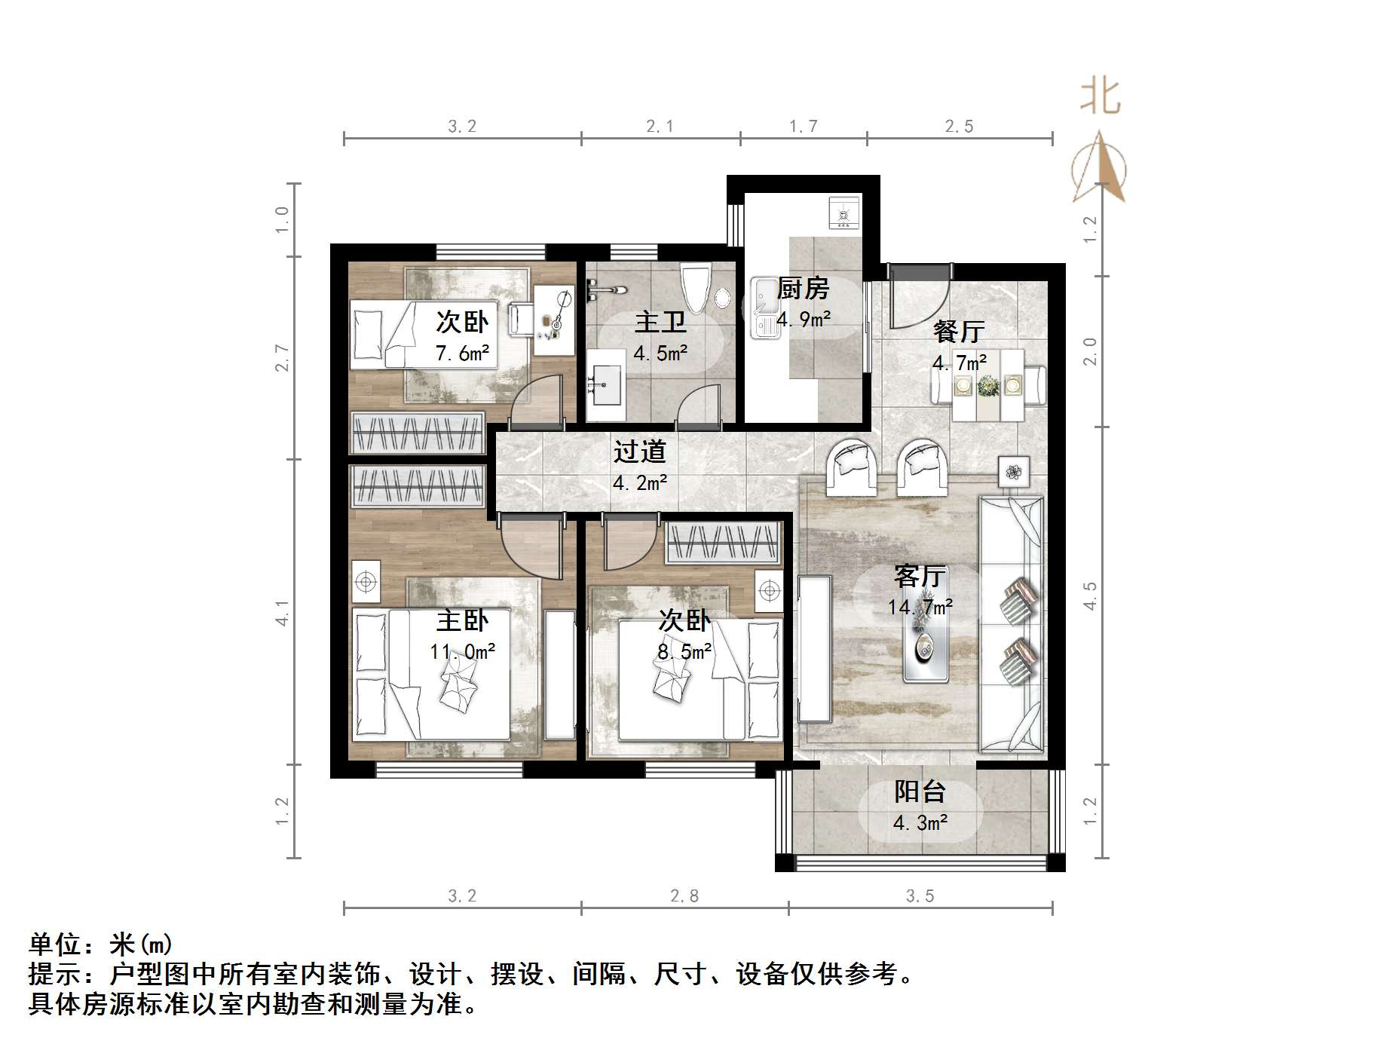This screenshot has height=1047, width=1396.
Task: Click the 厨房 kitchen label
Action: tap(803, 289)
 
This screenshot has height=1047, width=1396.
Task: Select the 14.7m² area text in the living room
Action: tap(920, 607)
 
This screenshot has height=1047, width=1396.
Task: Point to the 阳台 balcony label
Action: tap(920, 792)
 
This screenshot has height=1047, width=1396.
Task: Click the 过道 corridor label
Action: tap(639, 452)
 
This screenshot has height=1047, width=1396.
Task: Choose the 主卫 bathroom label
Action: tap(660, 323)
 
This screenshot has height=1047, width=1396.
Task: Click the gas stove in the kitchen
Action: tap(843, 213)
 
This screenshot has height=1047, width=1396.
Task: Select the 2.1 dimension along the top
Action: tap(660, 127)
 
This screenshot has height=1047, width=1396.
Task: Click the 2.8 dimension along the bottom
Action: tap(684, 896)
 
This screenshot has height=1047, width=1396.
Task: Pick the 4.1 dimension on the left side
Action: tap(283, 613)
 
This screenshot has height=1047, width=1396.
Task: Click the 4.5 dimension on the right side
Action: tap(1090, 595)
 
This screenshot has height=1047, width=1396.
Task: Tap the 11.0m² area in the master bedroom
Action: tap(462, 651)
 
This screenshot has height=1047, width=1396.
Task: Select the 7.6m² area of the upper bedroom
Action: tap(462, 353)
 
